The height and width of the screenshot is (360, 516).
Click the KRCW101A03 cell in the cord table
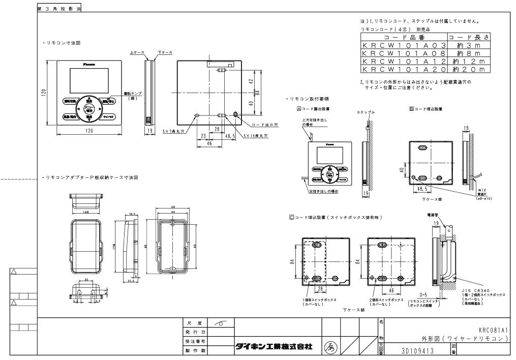[x=403, y=45]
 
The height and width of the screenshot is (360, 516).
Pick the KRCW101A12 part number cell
[x=403, y=61]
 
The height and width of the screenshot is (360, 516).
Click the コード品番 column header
[x=403, y=38]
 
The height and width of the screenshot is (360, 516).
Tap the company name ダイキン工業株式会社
[x=273, y=346]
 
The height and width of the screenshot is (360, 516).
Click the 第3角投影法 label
[x=59, y=9]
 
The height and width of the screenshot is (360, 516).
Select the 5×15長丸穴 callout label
[x=254, y=136]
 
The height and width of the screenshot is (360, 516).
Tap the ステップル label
[x=366, y=112]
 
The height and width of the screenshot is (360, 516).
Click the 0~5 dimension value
[x=425, y=294]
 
